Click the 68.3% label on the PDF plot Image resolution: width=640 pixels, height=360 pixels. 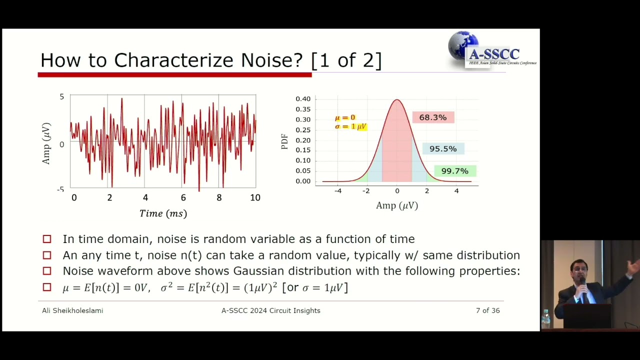tap(433, 117)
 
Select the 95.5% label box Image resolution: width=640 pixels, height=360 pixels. tap(443, 149)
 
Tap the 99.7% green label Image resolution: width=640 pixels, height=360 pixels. tap(454, 171)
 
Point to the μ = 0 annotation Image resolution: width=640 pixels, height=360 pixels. tap(345, 117)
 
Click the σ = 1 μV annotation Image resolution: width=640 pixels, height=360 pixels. tap(350, 126)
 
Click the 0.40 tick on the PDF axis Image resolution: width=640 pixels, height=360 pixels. tap(303, 99)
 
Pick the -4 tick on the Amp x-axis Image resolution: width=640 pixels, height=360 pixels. tap(338, 190)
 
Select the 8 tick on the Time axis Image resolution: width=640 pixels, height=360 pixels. tap(219, 197)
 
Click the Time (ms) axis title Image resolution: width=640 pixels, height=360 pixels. tap(163, 213)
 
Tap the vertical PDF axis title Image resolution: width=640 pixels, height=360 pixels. tap(284, 141)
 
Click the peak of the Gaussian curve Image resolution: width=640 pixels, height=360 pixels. tap(397, 100)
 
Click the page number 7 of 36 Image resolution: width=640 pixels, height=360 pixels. tap(487, 310)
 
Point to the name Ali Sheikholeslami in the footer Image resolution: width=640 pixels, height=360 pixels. tap(72, 310)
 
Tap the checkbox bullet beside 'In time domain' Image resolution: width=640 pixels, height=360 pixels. tap(47, 239)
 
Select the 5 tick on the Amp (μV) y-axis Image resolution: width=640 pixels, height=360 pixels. tap(62, 96)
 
